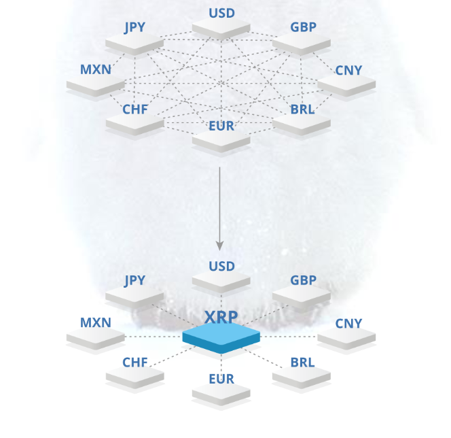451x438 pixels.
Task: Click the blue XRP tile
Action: click(x=221, y=337)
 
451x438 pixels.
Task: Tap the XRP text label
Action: click(x=221, y=317)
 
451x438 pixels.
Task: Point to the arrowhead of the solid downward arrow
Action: click(x=220, y=246)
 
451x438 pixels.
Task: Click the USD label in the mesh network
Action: click(x=221, y=13)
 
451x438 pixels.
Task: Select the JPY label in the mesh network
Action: click(x=134, y=28)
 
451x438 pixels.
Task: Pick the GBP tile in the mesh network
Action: click(x=302, y=44)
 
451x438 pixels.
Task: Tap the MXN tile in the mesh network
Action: click(x=96, y=85)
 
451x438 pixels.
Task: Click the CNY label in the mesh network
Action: click(x=348, y=71)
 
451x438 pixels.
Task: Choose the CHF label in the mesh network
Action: click(x=135, y=109)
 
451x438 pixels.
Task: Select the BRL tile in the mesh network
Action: click(x=302, y=124)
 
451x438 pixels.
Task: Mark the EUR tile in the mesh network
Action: click(x=221, y=141)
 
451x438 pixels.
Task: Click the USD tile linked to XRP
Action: click(x=221, y=281)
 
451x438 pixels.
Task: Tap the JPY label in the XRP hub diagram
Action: click(x=134, y=281)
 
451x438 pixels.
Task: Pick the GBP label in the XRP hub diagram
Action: click(x=303, y=280)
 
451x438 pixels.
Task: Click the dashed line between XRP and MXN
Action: click(x=154, y=337)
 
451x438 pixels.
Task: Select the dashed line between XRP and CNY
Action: click(x=289, y=337)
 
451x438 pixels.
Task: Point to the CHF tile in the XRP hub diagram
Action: click(x=135, y=377)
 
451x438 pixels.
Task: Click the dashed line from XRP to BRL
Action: click(x=262, y=358)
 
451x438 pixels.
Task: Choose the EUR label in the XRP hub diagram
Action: click(x=221, y=380)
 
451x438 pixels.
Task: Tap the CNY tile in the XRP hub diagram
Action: click(x=346, y=338)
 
